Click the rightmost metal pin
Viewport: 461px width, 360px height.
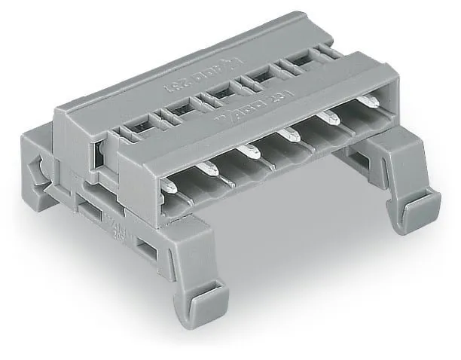[369, 102]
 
